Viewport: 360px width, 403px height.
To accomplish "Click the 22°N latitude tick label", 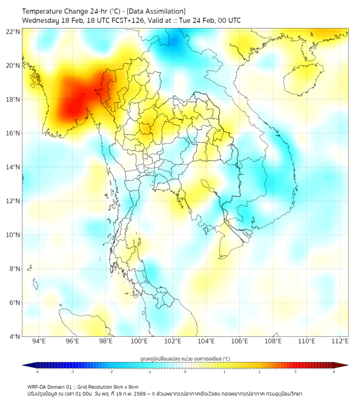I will [x=13, y=31].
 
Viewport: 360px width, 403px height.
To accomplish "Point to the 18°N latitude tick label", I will [x=13, y=99].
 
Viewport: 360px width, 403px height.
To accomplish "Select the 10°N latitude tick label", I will [x=13, y=235].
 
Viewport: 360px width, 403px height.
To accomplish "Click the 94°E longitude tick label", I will [x=39, y=341].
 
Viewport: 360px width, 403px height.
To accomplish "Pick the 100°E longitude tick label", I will [x=139, y=341].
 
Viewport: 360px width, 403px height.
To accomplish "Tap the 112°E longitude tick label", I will [x=340, y=341].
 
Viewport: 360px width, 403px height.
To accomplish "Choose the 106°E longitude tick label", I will [x=240, y=341].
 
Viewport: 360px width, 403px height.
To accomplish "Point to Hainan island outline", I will [x=300, y=80].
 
